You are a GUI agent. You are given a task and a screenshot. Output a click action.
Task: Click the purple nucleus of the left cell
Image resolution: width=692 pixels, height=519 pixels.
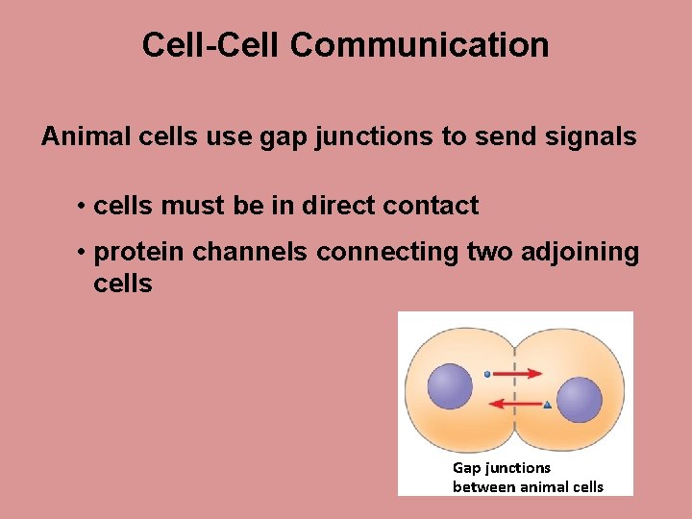[450, 386]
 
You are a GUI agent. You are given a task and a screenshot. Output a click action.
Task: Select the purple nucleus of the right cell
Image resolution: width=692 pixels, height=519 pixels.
[579, 400]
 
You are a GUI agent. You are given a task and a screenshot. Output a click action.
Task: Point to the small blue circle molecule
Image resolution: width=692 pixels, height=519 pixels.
[487, 374]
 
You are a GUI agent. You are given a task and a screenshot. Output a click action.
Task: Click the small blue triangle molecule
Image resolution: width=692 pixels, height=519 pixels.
[547, 405]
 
